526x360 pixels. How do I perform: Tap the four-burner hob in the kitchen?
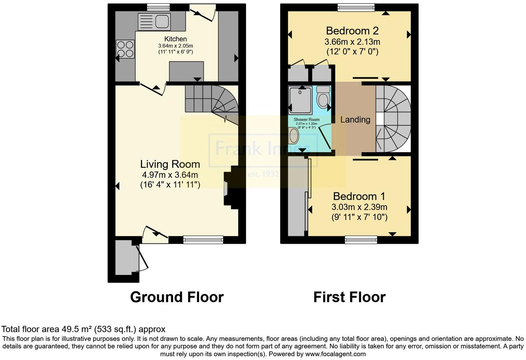coord(125,49)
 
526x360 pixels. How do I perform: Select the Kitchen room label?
coord(175,39)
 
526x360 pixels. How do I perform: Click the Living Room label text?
coord(170,164)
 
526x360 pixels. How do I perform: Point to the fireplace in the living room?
coord(228,188)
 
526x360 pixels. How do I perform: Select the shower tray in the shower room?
coord(300,100)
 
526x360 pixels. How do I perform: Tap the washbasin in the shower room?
coord(294,136)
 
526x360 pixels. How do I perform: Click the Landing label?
coord(355,120)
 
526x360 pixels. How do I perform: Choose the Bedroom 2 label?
coord(352,31)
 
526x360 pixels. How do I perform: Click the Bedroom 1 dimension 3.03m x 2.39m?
coord(359,207)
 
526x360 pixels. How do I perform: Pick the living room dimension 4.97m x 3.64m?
coord(170,175)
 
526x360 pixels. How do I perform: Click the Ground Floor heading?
coord(177,297)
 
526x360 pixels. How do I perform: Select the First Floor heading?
coord(349,297)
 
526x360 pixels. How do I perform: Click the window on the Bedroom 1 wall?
coord(361,240)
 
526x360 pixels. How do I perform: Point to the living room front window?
coord(203,240)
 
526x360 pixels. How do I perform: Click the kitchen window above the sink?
coord(158,7)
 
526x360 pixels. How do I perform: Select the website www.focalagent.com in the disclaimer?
coord(335,354)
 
